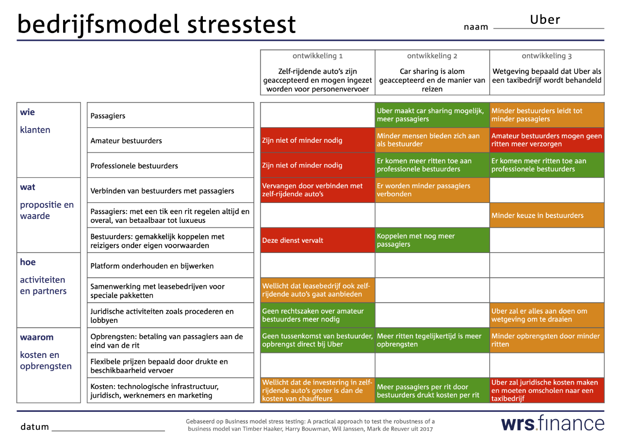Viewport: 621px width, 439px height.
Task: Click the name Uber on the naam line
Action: [545, 20]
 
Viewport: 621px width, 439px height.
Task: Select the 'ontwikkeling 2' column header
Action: [432, 56]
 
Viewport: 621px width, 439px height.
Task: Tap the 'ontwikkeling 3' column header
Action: [547, 56]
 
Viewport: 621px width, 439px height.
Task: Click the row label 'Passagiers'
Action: [108, 116]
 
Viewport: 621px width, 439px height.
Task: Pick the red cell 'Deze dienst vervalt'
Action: [317, 240]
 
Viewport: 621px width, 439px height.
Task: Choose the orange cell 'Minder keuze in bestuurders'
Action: [547, 215]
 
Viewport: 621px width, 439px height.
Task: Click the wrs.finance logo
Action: [553, 423]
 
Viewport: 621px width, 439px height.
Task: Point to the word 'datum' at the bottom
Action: [34, 427]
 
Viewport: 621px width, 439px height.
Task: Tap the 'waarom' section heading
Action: [37, 337]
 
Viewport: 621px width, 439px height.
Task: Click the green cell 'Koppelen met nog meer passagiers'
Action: [432, 240]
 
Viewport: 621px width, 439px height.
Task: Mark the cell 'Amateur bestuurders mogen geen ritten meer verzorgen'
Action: [547, 140]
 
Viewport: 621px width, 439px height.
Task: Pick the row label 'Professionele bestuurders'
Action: [134, 166]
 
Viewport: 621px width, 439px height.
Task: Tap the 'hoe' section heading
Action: [28, 262]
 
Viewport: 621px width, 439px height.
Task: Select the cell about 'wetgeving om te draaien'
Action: [547, 315]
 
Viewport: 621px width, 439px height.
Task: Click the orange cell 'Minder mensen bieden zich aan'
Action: [432, 140]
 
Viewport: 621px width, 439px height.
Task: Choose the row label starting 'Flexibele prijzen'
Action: [159, 366]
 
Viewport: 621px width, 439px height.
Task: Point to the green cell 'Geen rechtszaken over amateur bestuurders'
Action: [317, 315]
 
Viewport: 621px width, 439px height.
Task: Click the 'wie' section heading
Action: [27, 112]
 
